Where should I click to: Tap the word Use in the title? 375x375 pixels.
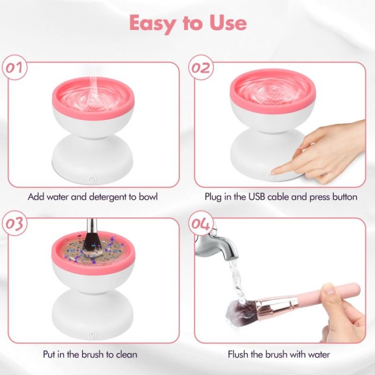tap(228, 22)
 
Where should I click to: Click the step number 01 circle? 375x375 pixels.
tap(15, 67)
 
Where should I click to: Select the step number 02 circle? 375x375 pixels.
tap(201, 67)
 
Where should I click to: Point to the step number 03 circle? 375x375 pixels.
tap(15, 223)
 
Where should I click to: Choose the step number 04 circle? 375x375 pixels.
tap(201, 223)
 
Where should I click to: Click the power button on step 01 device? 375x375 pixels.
tap(92, 179)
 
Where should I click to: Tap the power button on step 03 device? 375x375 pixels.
tap(92, 335)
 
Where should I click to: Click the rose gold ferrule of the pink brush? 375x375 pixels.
tap(277, 305)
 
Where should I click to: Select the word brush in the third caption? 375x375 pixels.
tap(94, 354)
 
